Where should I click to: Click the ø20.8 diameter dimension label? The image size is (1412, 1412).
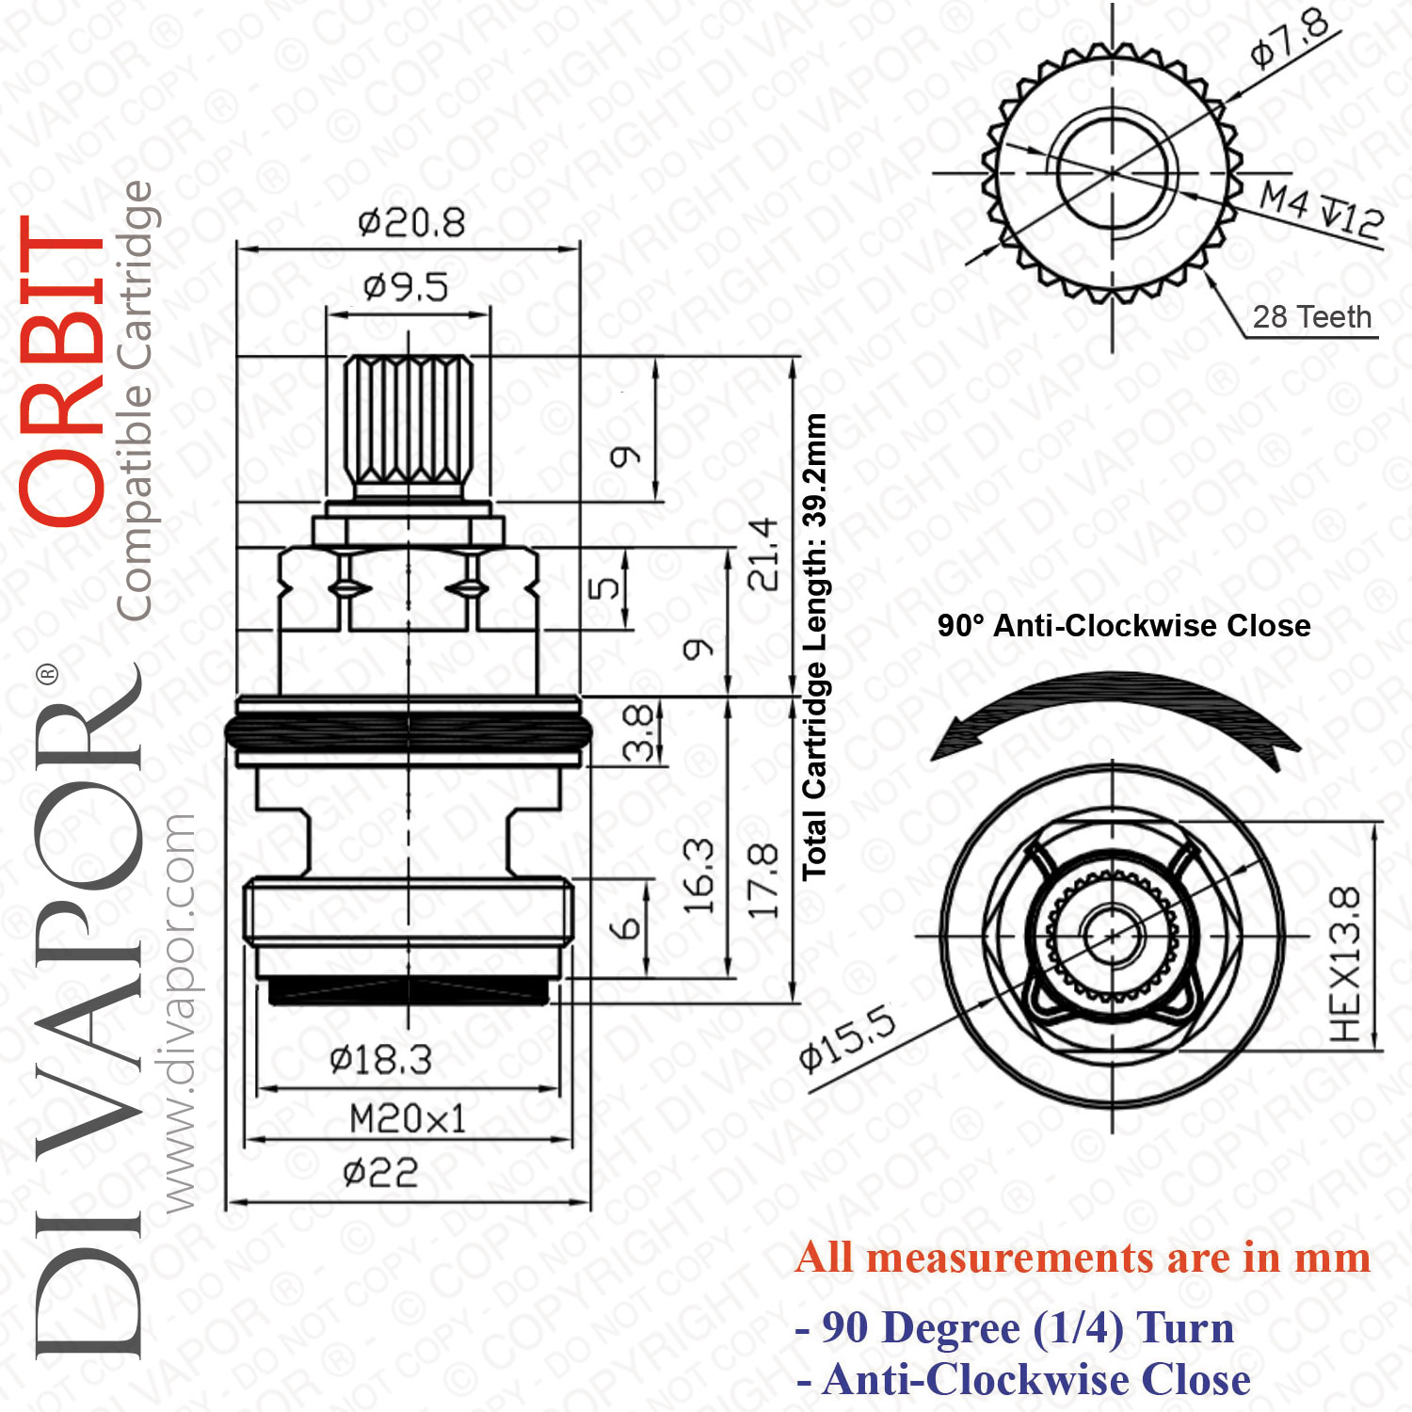tap(411, 223)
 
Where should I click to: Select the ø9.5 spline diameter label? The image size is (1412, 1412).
tap(406, 286)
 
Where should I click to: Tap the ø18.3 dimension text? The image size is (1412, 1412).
tap(380, 1060)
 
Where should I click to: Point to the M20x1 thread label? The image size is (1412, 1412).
tap(408, 1119)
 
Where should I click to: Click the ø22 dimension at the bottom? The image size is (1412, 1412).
tap(380, 1173)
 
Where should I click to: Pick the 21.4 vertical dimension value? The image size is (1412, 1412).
tap(762, 554)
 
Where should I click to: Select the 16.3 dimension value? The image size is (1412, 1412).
tap(698, 877)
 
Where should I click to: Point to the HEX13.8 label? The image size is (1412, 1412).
tap(1345, 964)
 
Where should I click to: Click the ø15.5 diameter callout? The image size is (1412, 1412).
tap(847, 1038)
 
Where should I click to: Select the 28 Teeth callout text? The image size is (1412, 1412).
tap(1312, 316)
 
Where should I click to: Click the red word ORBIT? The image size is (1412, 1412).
tap(62, 370)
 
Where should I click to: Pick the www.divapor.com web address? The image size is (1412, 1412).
tap(178, 1013)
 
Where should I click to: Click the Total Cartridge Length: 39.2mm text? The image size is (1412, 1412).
tap(814, 648)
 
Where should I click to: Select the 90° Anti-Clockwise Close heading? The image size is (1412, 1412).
tap(1124, 626)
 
